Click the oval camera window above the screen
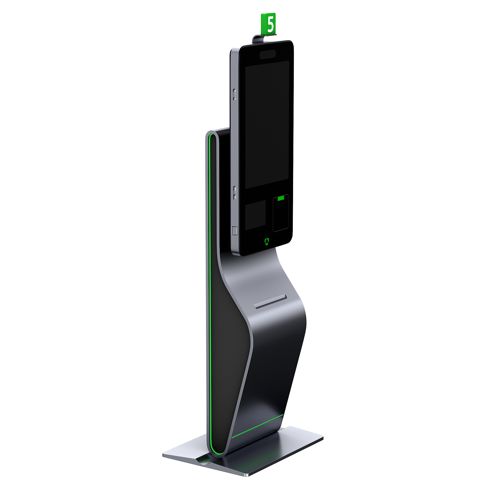268,54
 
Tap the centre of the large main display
267,124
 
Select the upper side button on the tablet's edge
234,94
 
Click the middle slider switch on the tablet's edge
235,193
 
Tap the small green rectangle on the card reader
281,198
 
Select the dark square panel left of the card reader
255,215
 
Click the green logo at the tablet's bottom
267,241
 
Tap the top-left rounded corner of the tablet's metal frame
233,50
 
